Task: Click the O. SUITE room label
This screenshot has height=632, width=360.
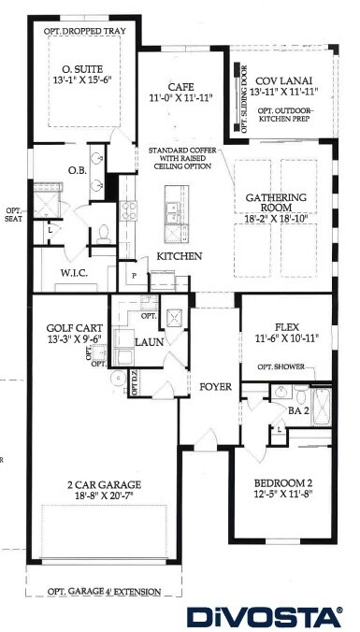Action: tap(82, 69)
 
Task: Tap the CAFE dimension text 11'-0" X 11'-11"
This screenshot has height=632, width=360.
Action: tap(181, 97)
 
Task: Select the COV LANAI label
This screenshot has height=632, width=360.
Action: tap(284, 81)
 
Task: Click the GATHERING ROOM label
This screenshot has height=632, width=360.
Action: tap(276, 203)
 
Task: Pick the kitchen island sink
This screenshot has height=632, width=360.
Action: tap(173, 209)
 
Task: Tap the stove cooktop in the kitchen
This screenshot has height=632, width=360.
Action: tap(128, 210)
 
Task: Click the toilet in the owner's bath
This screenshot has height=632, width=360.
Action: tap(104, 234)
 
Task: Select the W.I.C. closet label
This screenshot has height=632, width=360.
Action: tap(74, 273)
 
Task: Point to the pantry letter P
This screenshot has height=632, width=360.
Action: tap(135, 275)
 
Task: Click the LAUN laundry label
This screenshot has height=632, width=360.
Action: tap(150, 342)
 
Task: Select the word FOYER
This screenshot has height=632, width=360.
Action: tap(216, 387)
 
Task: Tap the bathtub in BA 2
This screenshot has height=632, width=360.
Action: tap(322, 407)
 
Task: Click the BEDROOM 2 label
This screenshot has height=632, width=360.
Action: tap(283, 482)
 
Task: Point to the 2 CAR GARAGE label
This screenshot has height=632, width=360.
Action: tap(104, 484)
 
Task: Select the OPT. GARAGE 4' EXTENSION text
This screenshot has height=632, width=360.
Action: tap(104, 592)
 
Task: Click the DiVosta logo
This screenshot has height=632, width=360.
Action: tap(265, 617)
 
